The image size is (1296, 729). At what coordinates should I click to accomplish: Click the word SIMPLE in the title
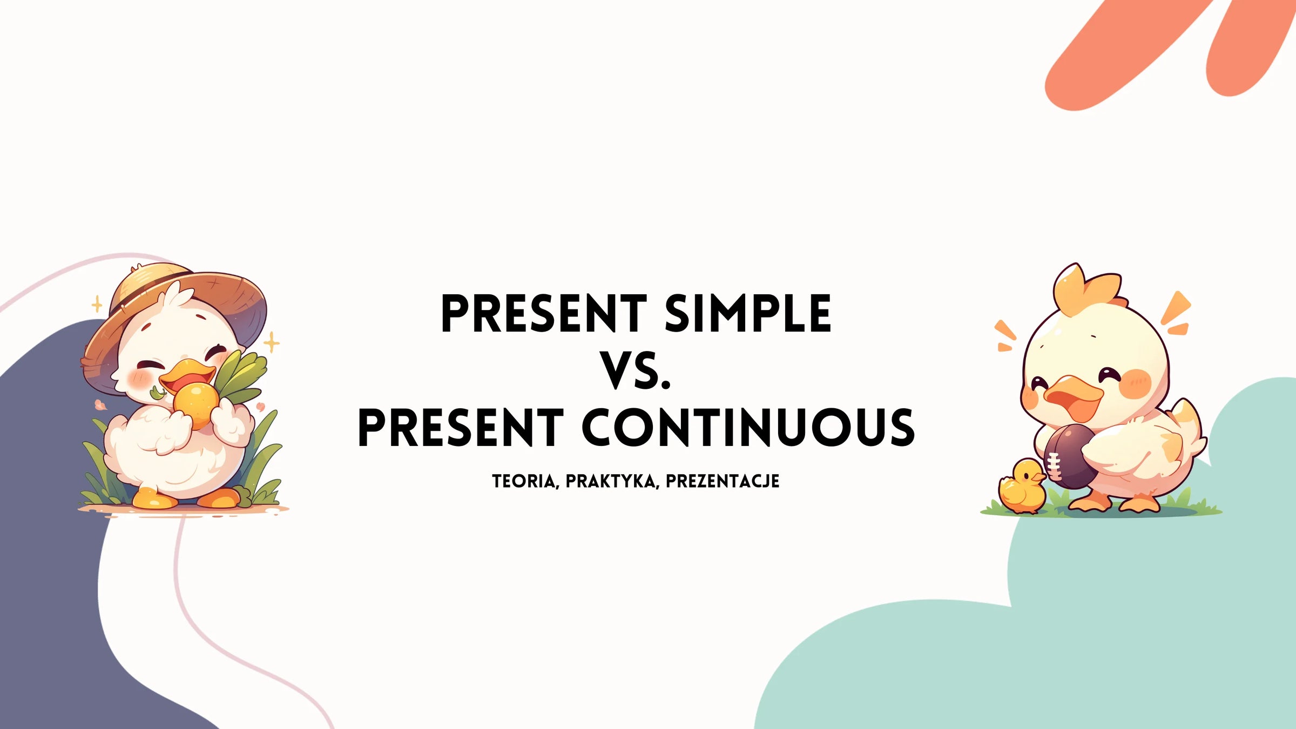748,314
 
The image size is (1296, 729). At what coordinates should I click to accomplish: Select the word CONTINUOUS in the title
748,428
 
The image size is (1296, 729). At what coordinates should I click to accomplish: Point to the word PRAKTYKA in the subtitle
612,482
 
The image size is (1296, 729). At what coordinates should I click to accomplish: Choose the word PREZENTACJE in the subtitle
723,482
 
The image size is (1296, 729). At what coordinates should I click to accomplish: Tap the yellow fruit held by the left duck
196,404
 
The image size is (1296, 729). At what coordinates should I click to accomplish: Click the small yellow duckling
1021,486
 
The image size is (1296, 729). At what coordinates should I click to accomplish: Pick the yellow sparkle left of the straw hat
97,304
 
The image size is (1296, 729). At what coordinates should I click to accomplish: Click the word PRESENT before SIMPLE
544,314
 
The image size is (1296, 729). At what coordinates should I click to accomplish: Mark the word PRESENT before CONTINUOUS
461,428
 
